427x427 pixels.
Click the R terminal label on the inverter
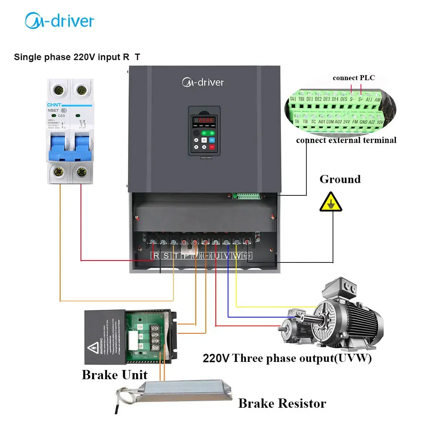[156, 256]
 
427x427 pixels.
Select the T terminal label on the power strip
[176, 256]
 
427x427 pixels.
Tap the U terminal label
[217, 256]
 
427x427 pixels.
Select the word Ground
[340, 179]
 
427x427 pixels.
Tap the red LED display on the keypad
[204, 120]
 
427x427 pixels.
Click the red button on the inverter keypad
[212, 147]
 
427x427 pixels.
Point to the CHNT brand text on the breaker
[54, 105]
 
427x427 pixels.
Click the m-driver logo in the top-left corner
[60, 21]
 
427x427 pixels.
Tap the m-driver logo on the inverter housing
[203, 82]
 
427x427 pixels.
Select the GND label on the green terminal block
[363, 122]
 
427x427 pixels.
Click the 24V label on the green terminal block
[346, 122]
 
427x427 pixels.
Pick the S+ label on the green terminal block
[360, 99]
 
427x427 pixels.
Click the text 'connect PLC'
[353, 78]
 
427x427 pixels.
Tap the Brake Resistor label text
[282, 403]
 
